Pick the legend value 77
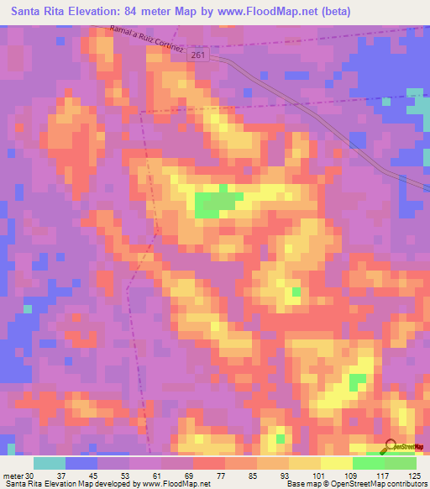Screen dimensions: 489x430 pos(208,476)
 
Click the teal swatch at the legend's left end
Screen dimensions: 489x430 pos(50,463)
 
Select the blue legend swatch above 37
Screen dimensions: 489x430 pos(81,463)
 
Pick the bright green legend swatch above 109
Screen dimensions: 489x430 pos(369,463)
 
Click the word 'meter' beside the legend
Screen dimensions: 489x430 pos(13,476)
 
